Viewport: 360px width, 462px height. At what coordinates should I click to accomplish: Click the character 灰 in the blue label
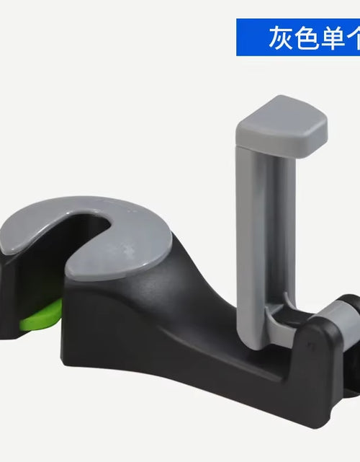282,37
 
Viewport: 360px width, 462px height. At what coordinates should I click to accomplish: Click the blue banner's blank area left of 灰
252,37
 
